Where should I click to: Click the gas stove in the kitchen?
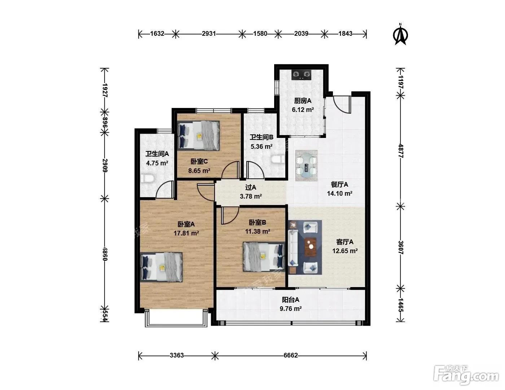point(301,74)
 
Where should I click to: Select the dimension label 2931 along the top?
point(209,34)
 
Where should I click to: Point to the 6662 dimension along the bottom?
point(290,355)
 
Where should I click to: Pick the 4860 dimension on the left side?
point(105,254)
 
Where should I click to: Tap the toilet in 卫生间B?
point(278,160)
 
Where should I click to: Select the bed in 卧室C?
point(198,135)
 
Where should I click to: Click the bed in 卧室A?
point(161,267)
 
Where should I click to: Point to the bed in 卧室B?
point(264,257)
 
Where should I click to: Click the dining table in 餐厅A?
point(306,165)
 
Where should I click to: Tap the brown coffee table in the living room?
point(311,246)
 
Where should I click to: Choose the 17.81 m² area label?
point(186,233)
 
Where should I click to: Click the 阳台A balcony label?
point(290,300)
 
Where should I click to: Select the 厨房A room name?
point(303,101)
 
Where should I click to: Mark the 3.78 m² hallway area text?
point(251,196)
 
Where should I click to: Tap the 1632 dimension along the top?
point(157,34)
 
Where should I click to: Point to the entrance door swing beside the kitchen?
point(342,104)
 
